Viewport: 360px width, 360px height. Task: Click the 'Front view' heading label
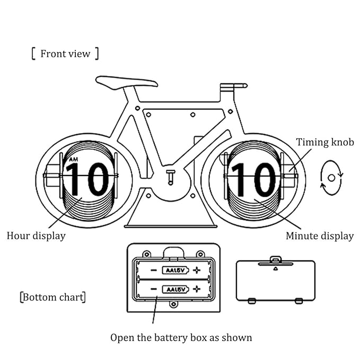pyautogui.click(x=65, y=54)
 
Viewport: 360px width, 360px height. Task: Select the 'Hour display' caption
pyautogui.click(x=36, y=236)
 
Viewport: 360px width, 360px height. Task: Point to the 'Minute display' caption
pyautogui.click(x=319, y=236)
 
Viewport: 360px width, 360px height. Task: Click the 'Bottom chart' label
pyautogui.click(x=52, y=297)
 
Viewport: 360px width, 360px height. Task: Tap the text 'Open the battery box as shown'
pyautogui.click(x=181, y=337)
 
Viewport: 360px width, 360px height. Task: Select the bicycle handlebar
pyautogui.click(x=233, y=85)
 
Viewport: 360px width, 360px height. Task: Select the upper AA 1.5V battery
pyautogui.click(x=173, y=270)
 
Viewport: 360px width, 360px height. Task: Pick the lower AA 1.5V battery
pyautogui.click(x=173, y=289)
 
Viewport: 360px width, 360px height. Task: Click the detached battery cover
pyautogui.click(x=275, y=281)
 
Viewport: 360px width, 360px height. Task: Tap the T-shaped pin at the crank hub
pyautogui.click(x=170, y=176)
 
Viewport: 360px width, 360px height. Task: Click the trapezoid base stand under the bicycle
pyautogui.click(x=170, y=215)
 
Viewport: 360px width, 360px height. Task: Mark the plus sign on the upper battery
pyautogui.click(x=197, y=270)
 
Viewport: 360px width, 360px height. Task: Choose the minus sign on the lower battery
pyautogui.click(x=152, y=289)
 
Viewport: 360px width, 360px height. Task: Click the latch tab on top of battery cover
pyautogui.click(x=275, y=259)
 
